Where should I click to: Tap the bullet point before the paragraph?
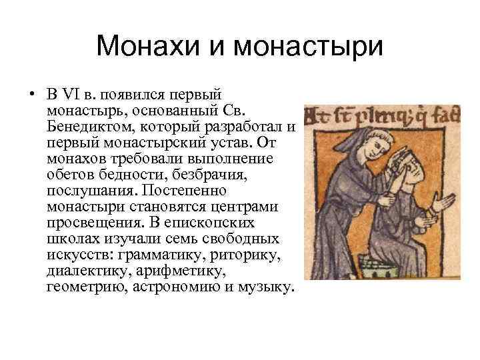[x=31, y=93]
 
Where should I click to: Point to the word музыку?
[x=263, y=288]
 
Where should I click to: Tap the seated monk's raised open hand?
[x=444, y=203]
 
